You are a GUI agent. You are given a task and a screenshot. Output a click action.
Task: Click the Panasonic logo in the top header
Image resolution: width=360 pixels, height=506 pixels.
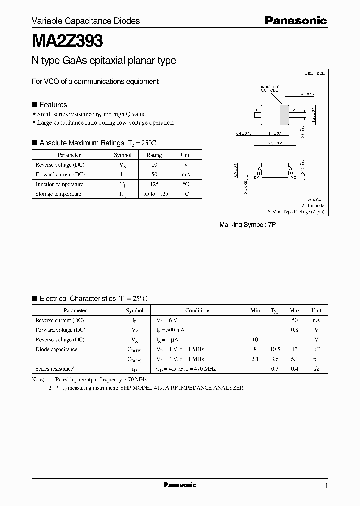point(295,20)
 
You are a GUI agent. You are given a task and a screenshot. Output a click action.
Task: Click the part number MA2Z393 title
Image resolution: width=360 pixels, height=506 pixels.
point(68,39)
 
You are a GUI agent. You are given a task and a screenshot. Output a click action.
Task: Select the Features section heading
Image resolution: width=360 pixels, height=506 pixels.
point(53,105)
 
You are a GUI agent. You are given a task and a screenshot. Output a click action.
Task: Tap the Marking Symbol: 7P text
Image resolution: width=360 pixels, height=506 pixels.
point(247,225)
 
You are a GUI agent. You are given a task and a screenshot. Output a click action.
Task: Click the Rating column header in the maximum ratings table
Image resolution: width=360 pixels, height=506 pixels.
point(154,155)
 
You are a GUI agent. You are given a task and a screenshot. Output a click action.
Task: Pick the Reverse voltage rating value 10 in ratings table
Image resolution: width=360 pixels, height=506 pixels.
point(154,165)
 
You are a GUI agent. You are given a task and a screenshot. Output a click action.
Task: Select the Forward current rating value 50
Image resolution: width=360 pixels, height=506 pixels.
point(154,174)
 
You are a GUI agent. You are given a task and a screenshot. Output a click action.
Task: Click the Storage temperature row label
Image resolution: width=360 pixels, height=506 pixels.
point(58,194)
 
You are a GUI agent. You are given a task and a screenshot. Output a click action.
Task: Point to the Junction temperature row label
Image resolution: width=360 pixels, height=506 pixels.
point(59,184)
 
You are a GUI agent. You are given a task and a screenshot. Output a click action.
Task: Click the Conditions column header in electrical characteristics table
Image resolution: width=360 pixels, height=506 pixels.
point(198,310)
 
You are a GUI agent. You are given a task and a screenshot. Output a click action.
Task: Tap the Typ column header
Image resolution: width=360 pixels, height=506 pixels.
point(275,310)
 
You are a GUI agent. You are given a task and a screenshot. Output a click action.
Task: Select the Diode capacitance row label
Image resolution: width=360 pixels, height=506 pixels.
point(56,349)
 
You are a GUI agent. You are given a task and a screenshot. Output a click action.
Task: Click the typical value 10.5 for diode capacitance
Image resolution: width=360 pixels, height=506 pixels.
point(275,349)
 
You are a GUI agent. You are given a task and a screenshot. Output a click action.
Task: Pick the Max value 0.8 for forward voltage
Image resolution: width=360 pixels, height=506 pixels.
point(295,330)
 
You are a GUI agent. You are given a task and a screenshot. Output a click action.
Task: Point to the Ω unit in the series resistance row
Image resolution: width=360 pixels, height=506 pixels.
point(316,369)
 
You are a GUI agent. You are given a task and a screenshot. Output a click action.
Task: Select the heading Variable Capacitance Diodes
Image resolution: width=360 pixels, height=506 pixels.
point(86,21)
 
